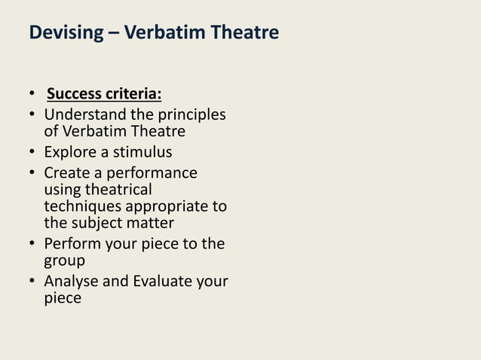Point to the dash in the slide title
pyautogui.click(x=109, y=33)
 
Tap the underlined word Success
pyautogui.click(x=73, y=95)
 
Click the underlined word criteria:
pyautogui.click(x=133, y=95)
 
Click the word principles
pyautogui.click(x=191, y=115)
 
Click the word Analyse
pyautogui.click(x=72, y=281)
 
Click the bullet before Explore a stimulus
pyautogui.click(x=32, y=154)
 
